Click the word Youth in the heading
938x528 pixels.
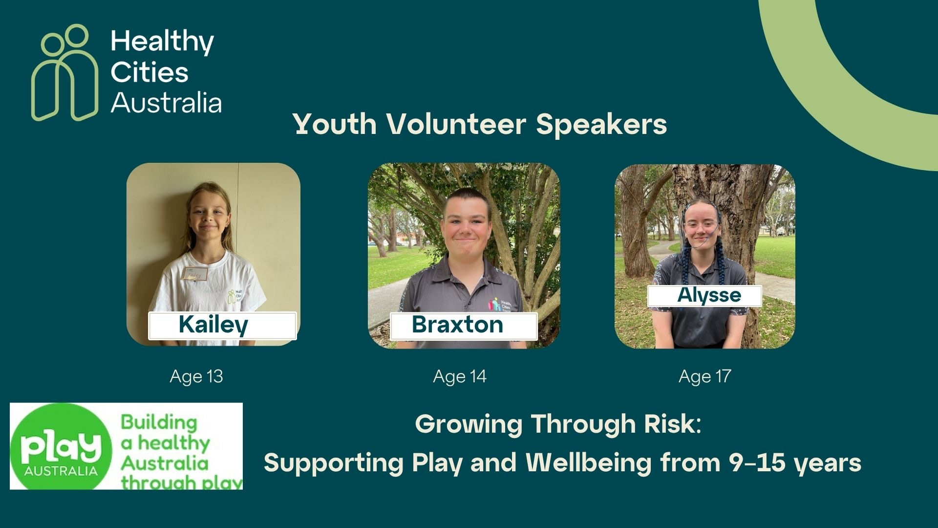point(335,124)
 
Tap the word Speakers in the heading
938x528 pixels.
point(601,125)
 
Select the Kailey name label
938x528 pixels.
point(222,326)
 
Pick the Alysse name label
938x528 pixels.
point(704,296)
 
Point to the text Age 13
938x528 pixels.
point(196,376)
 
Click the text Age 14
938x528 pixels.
point(460,376)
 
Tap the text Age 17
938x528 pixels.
point(705,376)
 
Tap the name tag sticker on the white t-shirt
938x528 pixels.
point(195,274)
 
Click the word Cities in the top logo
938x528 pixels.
point(149,73)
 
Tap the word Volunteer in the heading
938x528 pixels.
point(456,124)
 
